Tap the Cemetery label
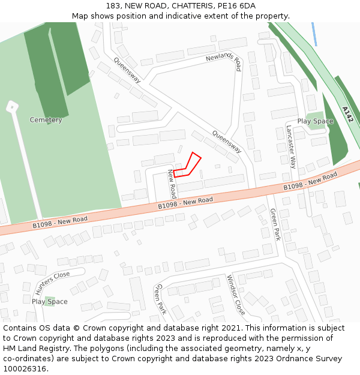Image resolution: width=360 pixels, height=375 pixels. pyautogui.click(x=46, y=120)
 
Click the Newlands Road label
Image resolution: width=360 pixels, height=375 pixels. pyautogui.click(x=223, y=59)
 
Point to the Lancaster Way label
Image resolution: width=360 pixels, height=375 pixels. pyautogui.click(x=291, y=146)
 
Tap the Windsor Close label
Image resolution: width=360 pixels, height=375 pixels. pyautogui.click(x=235, y=295)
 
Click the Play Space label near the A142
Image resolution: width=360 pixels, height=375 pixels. pyautogui.click(x=315, y=121)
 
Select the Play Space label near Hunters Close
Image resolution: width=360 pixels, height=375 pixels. pyautogui.click(x=50, y=301)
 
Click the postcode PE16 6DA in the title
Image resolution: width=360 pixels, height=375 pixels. pyautogui.click(x=239, y=6)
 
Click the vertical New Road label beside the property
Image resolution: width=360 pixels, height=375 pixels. pyautogui.click(x=172, y=184)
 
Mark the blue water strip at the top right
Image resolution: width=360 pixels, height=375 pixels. pyautogui.click(x=314, y=34)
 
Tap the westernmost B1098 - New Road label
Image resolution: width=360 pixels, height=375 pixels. pyautogui.click(x=60, y=222)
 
